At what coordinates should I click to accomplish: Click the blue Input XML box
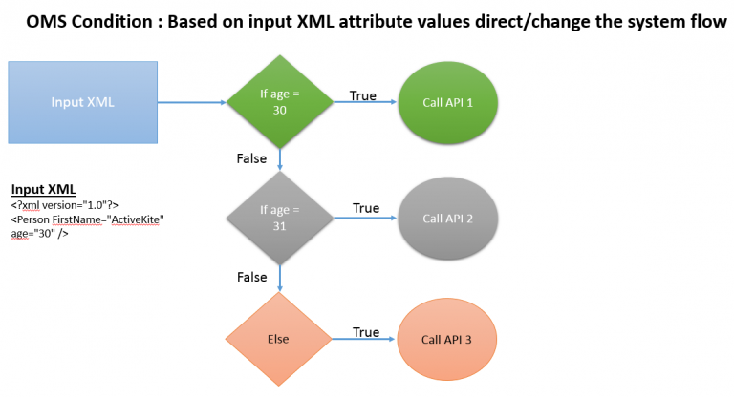coord(82,102)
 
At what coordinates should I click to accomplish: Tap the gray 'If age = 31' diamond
coord(280,218)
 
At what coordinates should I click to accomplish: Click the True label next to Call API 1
coord(362,95)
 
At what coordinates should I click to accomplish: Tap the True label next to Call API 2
coord(365,208)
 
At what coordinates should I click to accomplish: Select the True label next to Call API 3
coord(365,332)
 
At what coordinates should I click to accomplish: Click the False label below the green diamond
coord(251,158)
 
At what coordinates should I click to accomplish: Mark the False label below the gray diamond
coord(251,276)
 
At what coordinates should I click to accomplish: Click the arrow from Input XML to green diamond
coord(191,102)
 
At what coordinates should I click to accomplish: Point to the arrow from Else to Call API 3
coord(358,340)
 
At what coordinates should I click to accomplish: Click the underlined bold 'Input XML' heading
coord(43,189)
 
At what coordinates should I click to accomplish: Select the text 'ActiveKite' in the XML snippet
coord(135,219)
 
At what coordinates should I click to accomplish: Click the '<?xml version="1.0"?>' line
coord(64,205)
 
